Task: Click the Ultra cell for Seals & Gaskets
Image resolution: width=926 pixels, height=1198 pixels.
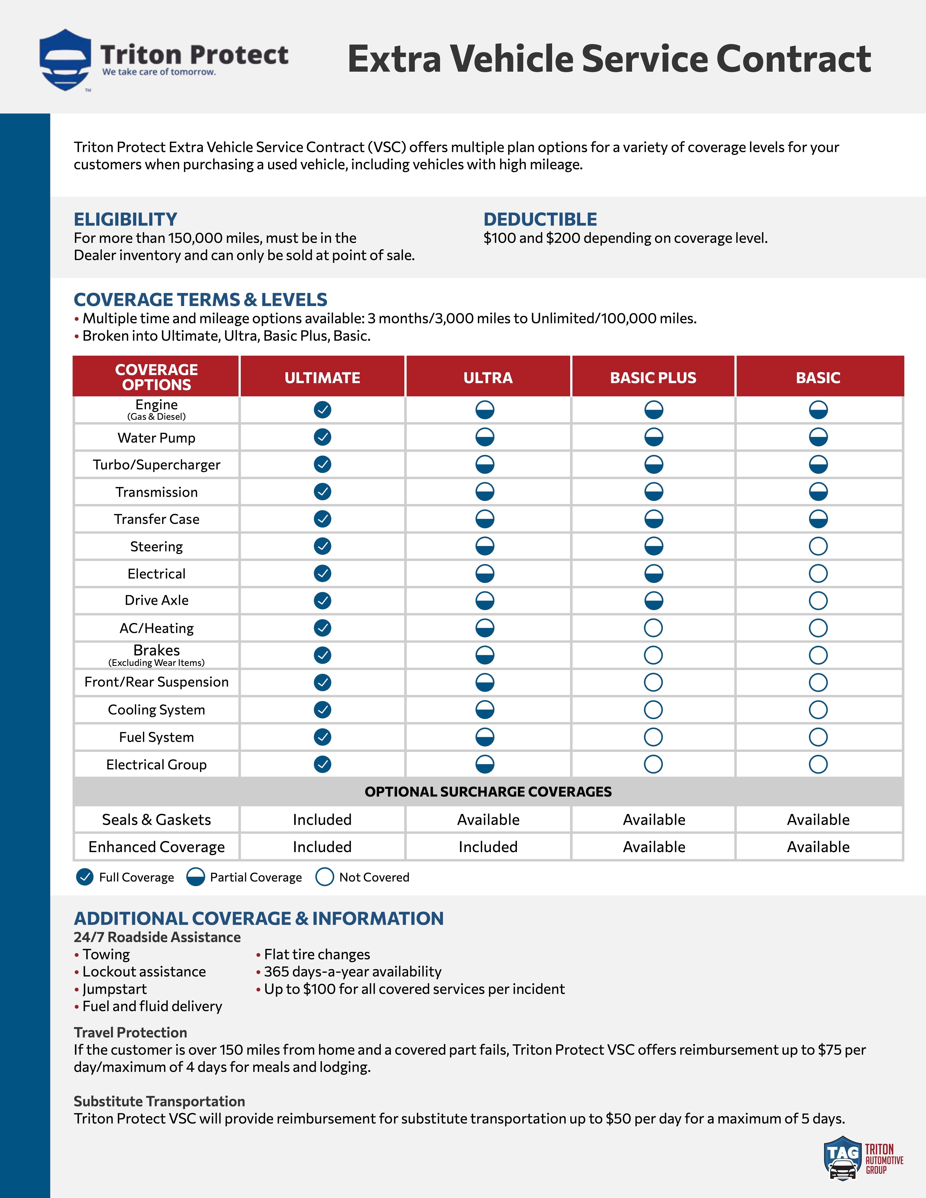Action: click(x=488, y=819)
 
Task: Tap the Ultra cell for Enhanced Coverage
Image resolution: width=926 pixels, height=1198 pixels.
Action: click(x=488, y=847)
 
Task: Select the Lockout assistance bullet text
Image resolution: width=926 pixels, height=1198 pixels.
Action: click(x=144, y=971)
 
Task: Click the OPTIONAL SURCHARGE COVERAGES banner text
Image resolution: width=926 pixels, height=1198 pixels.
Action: click(x=488, y=792)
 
